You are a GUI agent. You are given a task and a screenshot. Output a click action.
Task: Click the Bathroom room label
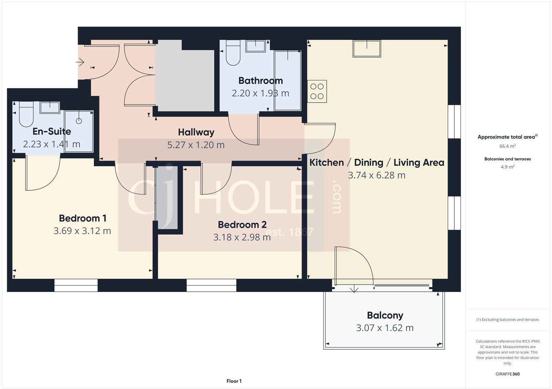click(260, 81)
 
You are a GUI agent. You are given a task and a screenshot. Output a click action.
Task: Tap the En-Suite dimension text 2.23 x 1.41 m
click(52, 144)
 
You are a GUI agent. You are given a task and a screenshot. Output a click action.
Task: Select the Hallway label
click(196, 132)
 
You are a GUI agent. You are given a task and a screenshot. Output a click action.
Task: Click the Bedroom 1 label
click(82, 218)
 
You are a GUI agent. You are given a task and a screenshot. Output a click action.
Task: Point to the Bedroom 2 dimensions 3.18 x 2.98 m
click(242, 237)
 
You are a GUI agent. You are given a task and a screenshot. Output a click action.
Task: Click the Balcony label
click(385, 315)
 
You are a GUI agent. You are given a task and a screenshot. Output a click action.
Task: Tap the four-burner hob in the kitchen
click(317, 91)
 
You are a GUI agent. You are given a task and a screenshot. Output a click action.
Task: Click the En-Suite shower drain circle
click(79, 121)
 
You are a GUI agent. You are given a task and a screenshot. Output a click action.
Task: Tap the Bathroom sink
click(256, 46)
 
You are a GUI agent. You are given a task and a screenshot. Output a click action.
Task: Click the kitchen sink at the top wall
click(367, 48)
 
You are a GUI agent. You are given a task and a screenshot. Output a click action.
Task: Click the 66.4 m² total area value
click(507, 146)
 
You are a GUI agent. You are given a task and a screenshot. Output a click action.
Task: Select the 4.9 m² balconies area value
click(507, 167)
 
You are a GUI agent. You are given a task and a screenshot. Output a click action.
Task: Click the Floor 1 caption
click(234, 381)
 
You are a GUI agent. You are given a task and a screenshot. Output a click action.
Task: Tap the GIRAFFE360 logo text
click(507, 374)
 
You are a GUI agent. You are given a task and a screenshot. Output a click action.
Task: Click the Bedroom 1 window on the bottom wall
click(76, 285)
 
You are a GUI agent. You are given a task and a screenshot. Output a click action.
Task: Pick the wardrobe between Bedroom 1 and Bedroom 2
click(167, 197)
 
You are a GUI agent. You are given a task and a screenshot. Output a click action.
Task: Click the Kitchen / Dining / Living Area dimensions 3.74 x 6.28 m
click(376, 175)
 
